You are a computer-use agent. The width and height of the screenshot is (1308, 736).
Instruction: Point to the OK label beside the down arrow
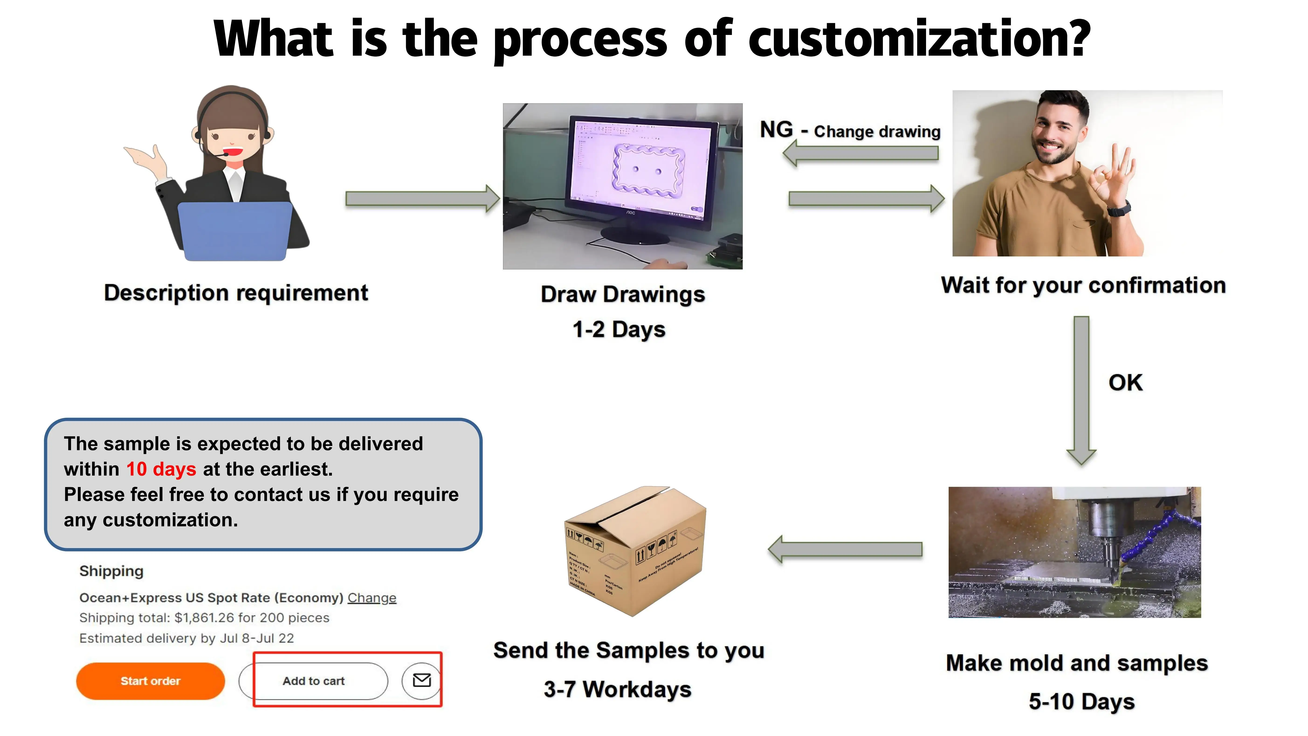click(1125, 383)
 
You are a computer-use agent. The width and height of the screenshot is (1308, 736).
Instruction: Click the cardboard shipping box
click(635, 551)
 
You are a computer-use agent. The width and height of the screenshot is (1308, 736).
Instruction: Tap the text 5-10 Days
click(1081, 701)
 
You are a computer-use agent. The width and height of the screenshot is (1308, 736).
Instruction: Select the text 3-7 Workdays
click(617, 689)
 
